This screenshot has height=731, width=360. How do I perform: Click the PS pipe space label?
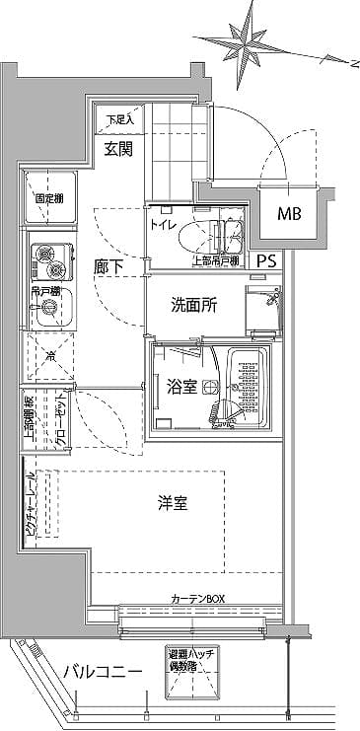[267, 261]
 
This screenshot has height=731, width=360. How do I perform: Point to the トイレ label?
[163, 225]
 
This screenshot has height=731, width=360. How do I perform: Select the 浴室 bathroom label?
[180, 388]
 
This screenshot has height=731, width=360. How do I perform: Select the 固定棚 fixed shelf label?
[50, 198]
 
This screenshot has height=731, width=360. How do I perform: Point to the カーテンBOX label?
[198, 599]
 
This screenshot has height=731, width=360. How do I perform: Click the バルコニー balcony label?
[102, 672]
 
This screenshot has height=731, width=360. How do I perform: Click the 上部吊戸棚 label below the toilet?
[215, 261]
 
